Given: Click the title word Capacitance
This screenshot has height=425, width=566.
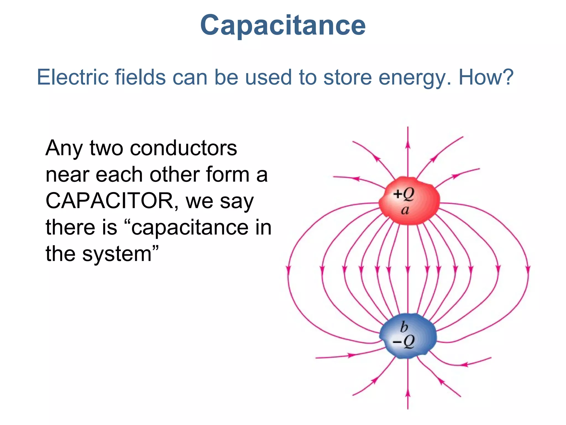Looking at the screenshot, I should [x=283, y=25].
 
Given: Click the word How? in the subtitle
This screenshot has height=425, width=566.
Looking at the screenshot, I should [x=486, y=77].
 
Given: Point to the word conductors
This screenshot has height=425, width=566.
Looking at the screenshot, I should [x=183, y=148].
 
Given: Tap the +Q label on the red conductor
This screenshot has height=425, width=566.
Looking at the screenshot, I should [x=403, y=194].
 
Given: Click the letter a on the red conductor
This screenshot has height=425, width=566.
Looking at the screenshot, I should [x=405, y=210].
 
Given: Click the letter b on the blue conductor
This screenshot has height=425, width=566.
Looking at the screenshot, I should [x=404, y=327].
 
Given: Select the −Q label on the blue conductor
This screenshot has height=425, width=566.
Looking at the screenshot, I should [x=403, y=342].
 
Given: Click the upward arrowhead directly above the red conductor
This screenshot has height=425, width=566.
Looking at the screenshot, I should [x=408, y=145].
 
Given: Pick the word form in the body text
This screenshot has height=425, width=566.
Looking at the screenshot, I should [x=227, y=175].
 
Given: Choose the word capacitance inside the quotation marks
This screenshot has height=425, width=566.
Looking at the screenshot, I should [x=190, y=228].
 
